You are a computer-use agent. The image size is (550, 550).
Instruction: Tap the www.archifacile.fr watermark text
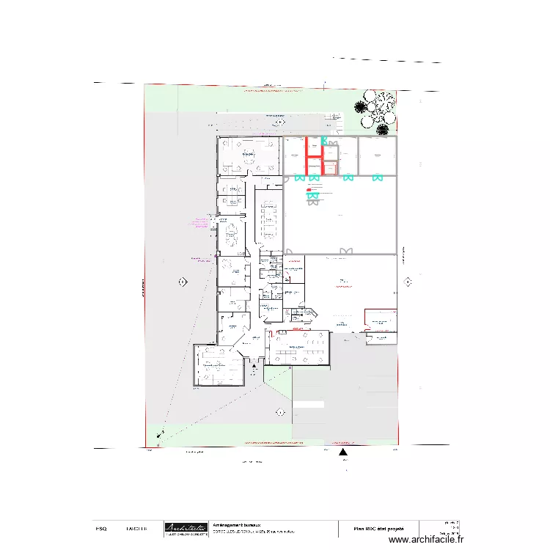pos(426,539)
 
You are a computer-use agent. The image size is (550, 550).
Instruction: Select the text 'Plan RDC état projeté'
pos(378,528)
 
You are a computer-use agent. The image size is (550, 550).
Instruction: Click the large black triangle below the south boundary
pos(342,453)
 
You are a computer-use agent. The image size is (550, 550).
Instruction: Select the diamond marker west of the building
pos(182,281)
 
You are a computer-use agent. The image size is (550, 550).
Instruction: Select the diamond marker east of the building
pos(408,280)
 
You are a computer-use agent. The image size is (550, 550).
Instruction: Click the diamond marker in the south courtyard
pos(280,412)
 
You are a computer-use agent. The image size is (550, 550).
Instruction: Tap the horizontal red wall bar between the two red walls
pos(314,156)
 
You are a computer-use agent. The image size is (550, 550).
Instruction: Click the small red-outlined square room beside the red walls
pos(330,169)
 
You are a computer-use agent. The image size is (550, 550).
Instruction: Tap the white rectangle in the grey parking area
pos(308,403)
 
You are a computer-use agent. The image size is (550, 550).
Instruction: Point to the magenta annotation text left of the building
pos(199,221)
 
